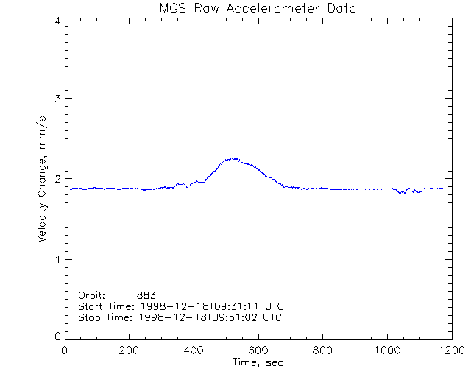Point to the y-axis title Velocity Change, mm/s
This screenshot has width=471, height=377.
[x=43, y=179]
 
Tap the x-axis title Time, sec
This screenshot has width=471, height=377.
[x=258, y=363]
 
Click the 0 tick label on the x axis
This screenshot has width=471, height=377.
[x=65, y=350]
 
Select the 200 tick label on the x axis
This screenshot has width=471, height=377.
[x=130, y=350]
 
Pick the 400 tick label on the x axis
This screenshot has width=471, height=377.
[x=194, y=350]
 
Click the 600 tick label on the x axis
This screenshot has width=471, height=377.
[x=258, y=350]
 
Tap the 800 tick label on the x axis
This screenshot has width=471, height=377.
[x=322, y=350]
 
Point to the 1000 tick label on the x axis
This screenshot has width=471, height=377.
[x=386, y=350]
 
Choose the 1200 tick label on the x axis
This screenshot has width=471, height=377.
[x=450, y=350]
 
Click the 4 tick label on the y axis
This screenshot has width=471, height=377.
[x=57, y=21]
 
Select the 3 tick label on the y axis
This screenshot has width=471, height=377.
[x=57, y=99]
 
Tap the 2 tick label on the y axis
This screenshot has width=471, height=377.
[x=57, y=179]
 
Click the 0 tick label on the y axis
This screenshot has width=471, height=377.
[x=57, y=337]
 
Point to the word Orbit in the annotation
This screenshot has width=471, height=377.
[x=92, y=295]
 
